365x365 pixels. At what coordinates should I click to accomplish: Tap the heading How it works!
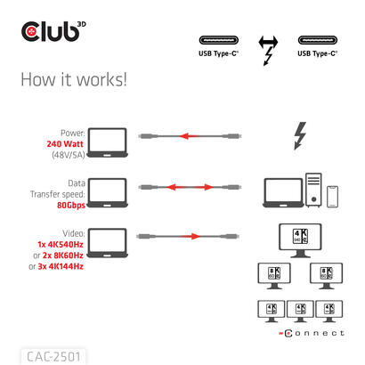(73, 79)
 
